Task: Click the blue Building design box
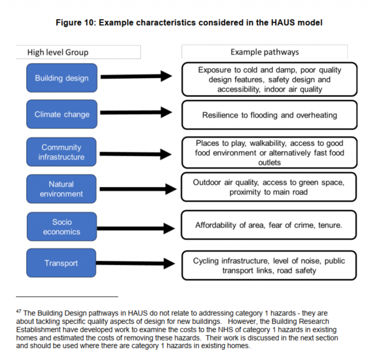click(x=61, y=78)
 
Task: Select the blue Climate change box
click(x=61, y=114)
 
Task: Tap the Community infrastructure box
click(x=61, y=152)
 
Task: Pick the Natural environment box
click(x=61, y=189)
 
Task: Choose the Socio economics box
click(x=61, y=227)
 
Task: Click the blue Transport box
click(x=61, y=263)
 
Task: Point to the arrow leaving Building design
click(x=136, y=77)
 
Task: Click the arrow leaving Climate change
click(x=136, y=112)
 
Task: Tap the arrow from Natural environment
click(x=138, y=189)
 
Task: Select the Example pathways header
click(x=264, y=52)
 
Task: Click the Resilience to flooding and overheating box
click(x=269, y=115)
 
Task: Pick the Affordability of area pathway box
click(x=269, y=225)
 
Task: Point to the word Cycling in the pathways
click(x=206, y=261)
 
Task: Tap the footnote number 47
click(x=18, y=312)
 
